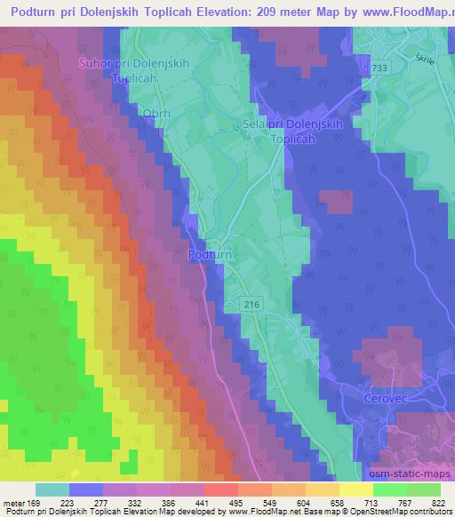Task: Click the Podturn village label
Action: pyautogui.click(x=211, y=255)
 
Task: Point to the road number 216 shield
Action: pyautogui.click(x=252, y=304)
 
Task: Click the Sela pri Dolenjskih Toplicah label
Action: pyautogui.click(x=281, y=133)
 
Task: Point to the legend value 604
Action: pyautogui.click(x=305, y=504)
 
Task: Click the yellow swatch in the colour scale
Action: pyautogui.click(x=356, y=490)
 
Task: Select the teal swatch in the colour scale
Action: pyautogui.click(x=52, y=490)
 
